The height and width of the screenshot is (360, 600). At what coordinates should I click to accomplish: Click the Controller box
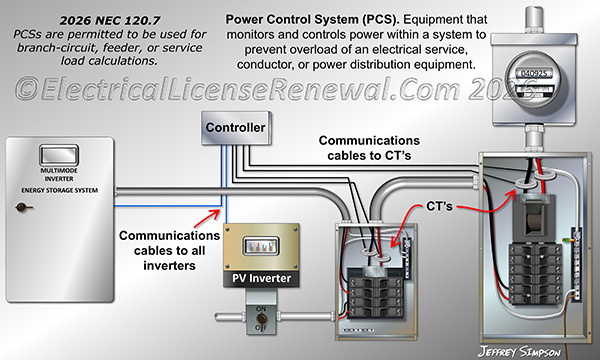coord(235,128)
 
